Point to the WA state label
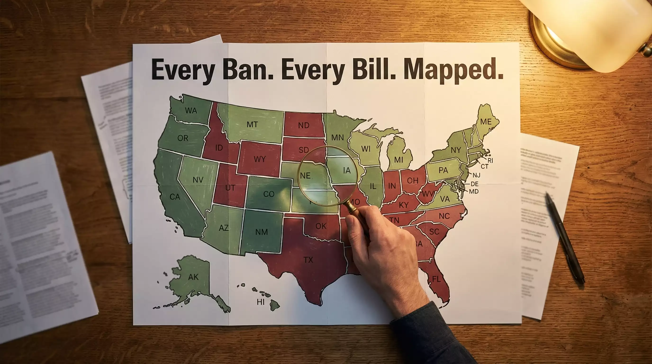tap(191, 111)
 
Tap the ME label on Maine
tap(486, 122)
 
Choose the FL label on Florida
tap(436, 279)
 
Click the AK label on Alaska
tap(193, 277)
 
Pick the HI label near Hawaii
tap(260, 302)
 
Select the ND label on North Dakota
tap(303, 125)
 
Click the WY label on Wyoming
tap(260, 159)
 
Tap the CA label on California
tap(175, 197)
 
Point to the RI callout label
tap(490, 160)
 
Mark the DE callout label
tap(475, 184)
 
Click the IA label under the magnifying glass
tap(347, 170)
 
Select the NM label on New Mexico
tap(262, 232)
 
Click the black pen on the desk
tap(565, 238)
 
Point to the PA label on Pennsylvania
tap(443, 170)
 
